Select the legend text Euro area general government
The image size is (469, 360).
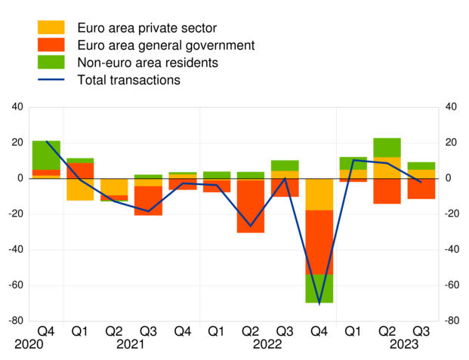(x=165, y=45)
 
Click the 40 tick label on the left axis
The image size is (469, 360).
(x=17, y=107)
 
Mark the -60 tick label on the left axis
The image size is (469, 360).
(x=14, y=285)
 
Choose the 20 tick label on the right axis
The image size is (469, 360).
(x=451, y=143)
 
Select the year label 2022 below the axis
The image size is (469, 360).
(x=267, y=345)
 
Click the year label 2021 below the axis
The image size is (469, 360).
(x=131, y=345)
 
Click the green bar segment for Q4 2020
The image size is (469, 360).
(x=46, y=155)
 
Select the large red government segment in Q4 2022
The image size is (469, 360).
(x=319, y=242)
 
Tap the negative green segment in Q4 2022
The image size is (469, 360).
(x=319, y=288)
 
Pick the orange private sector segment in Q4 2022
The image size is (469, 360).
(x=319, y=194)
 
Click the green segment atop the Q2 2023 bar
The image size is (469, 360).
(x=387, y=147)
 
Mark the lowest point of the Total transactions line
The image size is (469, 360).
(x=319, y=303)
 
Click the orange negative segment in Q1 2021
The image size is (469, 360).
(x=80, y=189)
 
